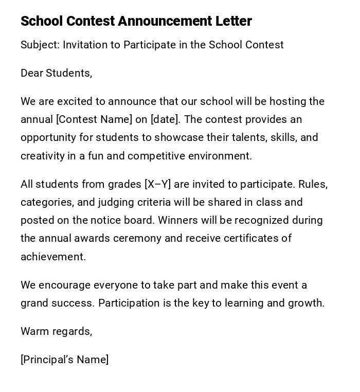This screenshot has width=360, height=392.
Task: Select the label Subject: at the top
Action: [x=40, y=45]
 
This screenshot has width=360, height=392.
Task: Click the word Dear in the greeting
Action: [x=32, y=73]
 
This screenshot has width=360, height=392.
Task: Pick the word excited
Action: [x=75, y=101]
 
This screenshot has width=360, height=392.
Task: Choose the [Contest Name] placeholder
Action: [x=94, y=119]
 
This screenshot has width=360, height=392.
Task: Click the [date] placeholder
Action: [x=165, y=119]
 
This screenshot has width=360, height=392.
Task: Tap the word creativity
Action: [x=43, y=156]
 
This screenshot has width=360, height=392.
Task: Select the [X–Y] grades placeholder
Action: [x=158, y=184]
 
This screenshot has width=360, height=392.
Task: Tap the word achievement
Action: [x=53, y=257]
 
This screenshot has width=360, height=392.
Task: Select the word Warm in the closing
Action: [x=33, y=331]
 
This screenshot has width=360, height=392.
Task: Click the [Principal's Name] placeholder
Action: [x=65, y=360]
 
